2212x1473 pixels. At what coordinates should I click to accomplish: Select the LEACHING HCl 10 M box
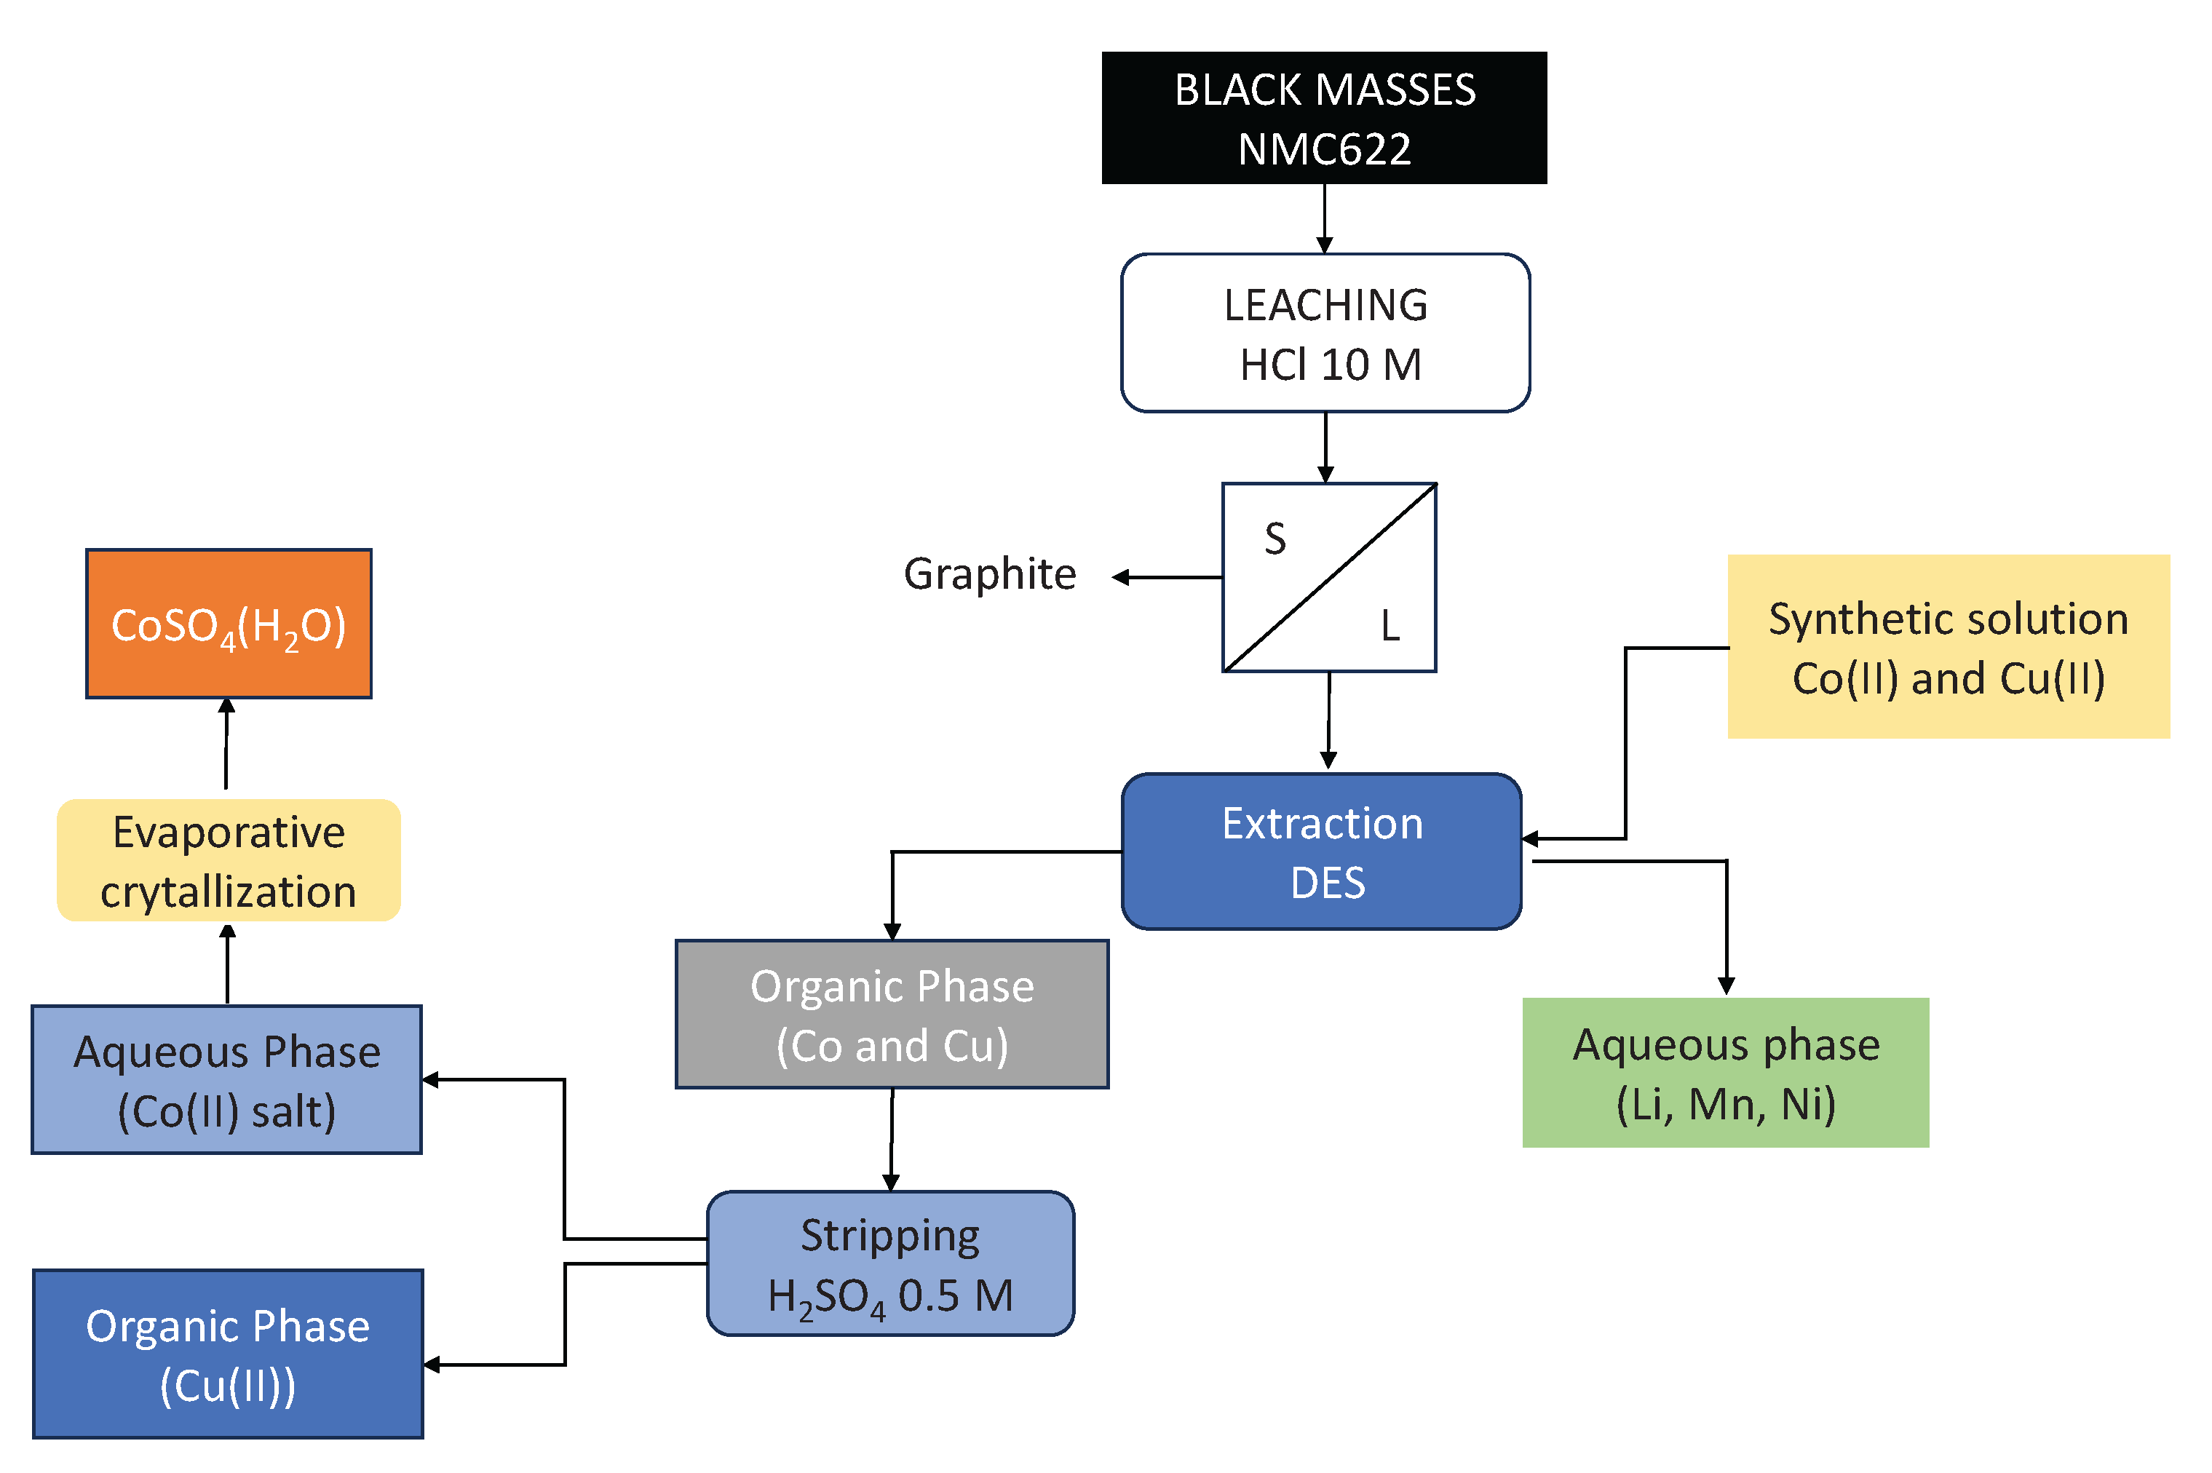[1325, 333]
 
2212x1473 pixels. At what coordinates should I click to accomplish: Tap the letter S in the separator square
[1274, 539]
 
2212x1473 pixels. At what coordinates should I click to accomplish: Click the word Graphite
[989, 574]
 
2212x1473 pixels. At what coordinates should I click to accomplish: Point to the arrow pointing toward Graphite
[1165, 578]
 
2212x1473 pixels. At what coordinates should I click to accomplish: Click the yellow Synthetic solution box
[1947, 646]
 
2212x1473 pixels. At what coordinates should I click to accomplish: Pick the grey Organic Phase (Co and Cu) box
[892, 1015]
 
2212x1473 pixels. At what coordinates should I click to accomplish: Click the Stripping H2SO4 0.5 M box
[889, 1263]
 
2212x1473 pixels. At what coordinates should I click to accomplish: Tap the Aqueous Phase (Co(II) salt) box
[226, 1079]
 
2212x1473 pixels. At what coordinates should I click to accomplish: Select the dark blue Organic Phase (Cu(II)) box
[227, 1354]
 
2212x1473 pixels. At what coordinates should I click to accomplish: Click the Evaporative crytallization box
[229, 860]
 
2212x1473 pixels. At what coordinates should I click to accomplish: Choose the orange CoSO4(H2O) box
[229, 624]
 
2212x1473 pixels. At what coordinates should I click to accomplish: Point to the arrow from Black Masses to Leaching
[1325, 218]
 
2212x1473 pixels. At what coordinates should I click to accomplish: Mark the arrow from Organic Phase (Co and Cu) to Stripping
[892, 1140]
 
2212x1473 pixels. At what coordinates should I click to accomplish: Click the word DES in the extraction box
[1326, 883]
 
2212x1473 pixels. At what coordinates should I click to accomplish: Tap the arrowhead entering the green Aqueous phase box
[1726, 985]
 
